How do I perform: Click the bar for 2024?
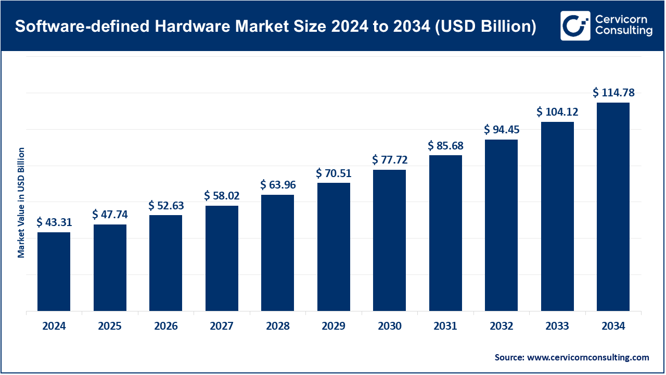[54, 271]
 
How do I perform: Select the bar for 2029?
[334, 247]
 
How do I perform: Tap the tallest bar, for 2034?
[613, 207]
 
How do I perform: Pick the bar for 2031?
[445, 233]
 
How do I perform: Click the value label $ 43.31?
[54, 222]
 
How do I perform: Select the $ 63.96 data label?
[278, 185]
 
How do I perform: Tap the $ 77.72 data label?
[390, 160]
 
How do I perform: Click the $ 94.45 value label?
[502, 129]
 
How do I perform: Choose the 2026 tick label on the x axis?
[166, 327]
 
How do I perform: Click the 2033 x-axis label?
[557, 327]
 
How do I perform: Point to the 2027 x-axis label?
[222, 327]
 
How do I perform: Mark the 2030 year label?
[390, 327]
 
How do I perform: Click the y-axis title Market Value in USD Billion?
[21, 203]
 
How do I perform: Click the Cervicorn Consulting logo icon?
[575, 26]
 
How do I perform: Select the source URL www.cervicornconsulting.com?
[588, 357]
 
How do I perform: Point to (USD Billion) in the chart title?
[485, 26]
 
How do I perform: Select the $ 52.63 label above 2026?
[166, 206]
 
